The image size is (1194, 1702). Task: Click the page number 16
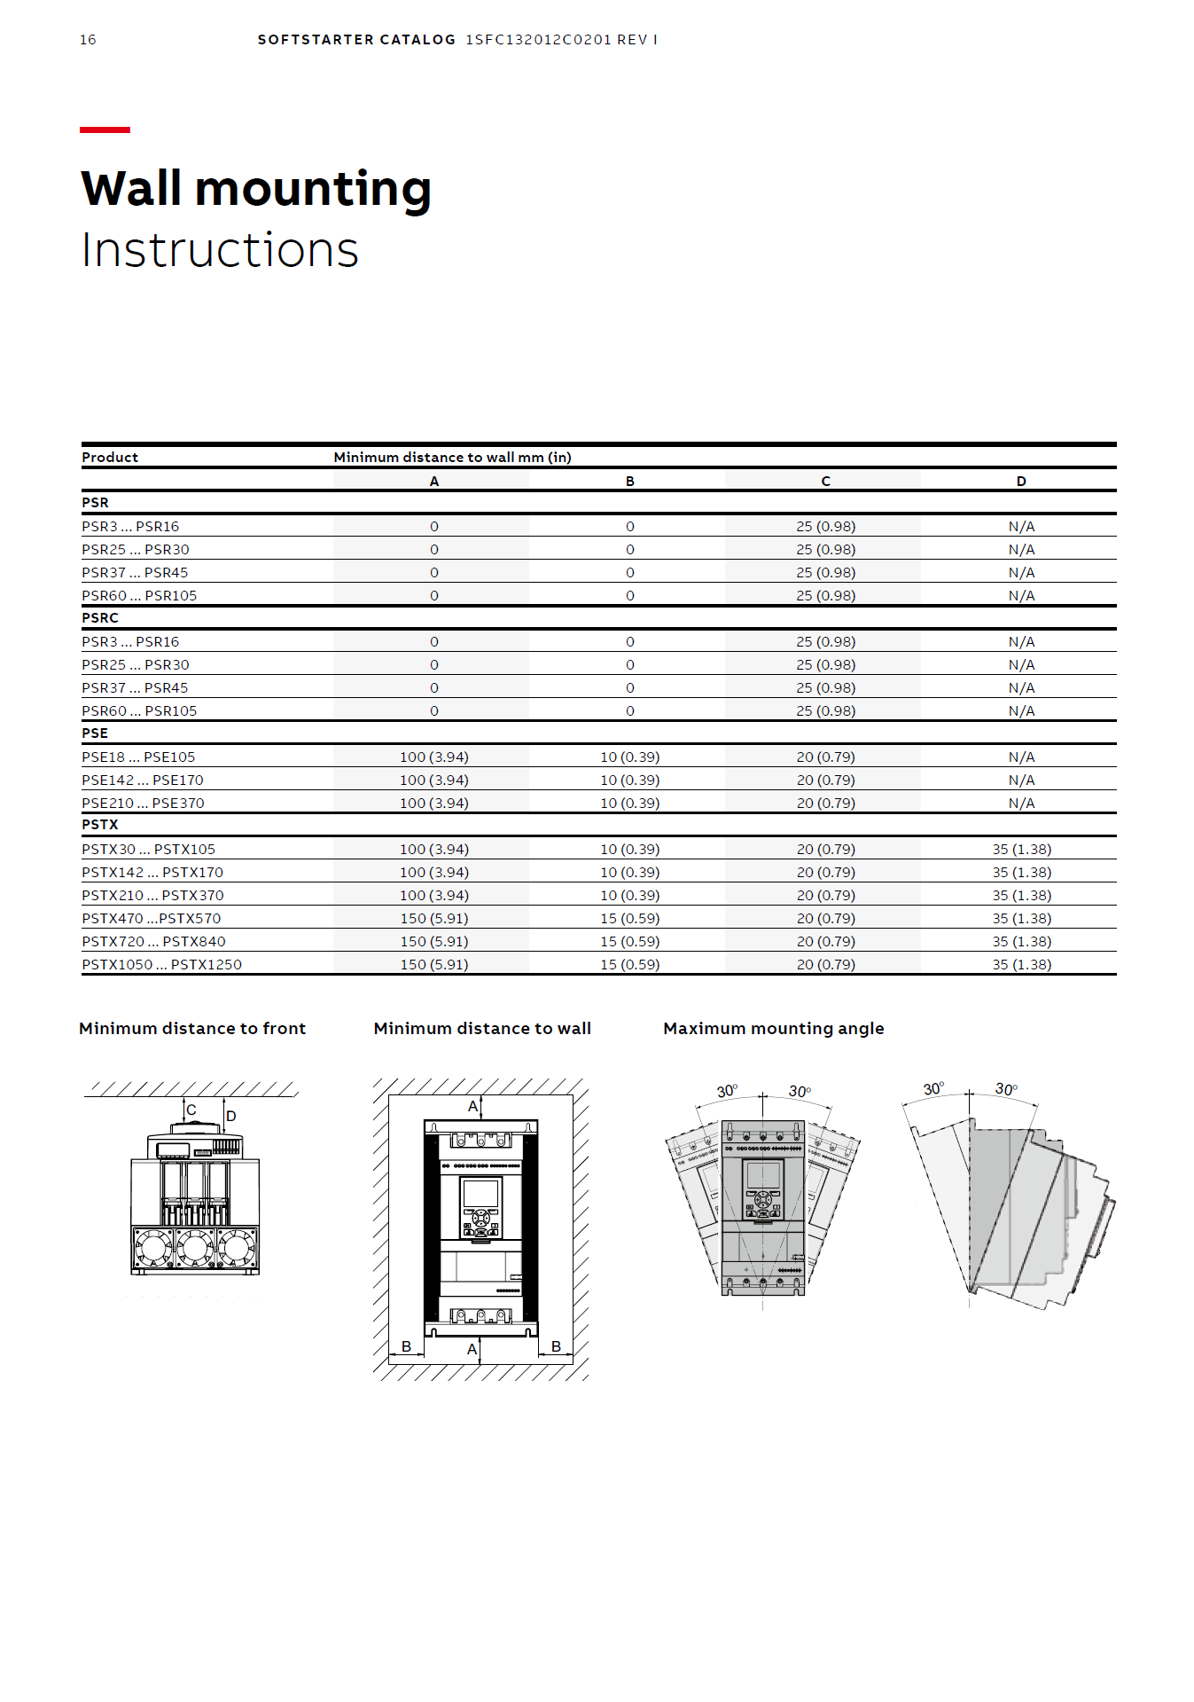(x=88, y=40)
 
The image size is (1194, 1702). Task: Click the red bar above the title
(x=105, y=130)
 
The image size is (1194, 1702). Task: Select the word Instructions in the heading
(x=220, y=250)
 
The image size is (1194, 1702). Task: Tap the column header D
(x=1021, y=482)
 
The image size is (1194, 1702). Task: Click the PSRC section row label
(x=100, y=618)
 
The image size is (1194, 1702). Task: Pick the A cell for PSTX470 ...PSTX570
(x=434, y=919)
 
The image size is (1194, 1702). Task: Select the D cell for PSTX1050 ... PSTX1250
(x=1021, y=965)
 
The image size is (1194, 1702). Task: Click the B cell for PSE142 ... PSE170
(x=629, y=780)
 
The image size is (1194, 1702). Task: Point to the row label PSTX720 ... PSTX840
(x=153, y=942)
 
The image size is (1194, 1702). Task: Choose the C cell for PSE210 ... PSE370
(x=825, y=804)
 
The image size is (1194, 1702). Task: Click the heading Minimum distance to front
(x=192, y=1029)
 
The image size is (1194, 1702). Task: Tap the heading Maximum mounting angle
(x=773, y=1029)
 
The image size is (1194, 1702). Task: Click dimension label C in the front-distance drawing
(x=191, y=1110)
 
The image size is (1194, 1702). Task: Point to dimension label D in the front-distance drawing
(x=231, y=1116)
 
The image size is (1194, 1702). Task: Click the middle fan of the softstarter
(x=195, y=1248)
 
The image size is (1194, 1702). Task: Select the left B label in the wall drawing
(x=406, y=1346)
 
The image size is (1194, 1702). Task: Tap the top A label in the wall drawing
(x=472, y=1107)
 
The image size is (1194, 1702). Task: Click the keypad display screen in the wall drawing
(x=480, y=1193)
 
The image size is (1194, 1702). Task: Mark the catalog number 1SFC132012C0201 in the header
(x=537, y=40)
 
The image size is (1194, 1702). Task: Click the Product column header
(x=110, y=458)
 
